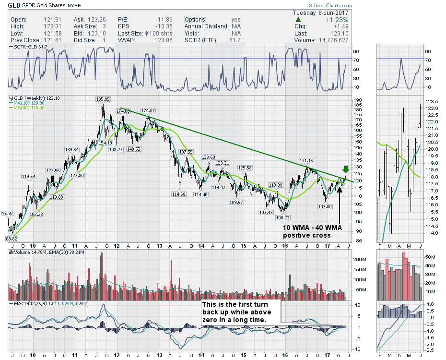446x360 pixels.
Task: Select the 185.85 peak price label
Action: tap(103, 99)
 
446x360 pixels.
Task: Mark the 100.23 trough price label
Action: tap(282, 217)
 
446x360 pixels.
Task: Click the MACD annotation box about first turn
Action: tap(239, 312)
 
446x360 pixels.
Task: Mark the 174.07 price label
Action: tap(149, 111)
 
